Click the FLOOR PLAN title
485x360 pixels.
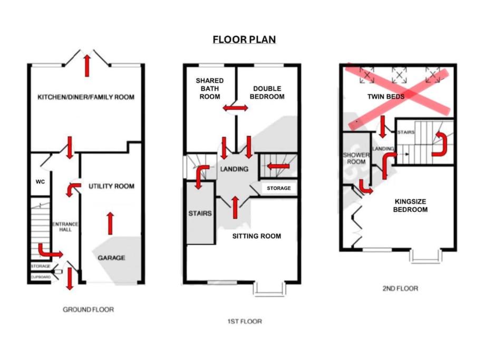244,40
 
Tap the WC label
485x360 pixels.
40,181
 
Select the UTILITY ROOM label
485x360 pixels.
111,186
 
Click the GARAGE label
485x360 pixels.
111,258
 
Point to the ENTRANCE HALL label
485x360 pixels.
65,227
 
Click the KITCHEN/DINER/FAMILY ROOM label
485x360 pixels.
86,97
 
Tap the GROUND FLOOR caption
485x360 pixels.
88,309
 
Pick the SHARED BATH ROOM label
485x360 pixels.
210,89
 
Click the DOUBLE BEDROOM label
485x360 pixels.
267,92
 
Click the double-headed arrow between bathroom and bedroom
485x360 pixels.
236,108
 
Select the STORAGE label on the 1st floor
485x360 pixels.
279,188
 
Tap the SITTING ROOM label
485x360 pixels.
257,236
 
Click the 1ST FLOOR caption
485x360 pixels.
245,322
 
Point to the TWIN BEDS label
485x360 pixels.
386,96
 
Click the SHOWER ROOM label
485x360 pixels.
356,158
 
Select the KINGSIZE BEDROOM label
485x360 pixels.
410,206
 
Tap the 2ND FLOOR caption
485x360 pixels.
400,288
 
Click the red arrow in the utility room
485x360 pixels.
110,223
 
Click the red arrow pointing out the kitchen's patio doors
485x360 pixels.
87,65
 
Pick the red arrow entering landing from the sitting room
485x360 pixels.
235,207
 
